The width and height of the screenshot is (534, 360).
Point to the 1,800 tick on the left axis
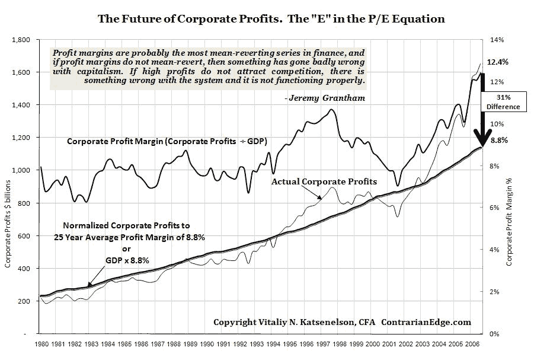[21, 40]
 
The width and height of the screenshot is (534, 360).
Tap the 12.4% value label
[497, 62]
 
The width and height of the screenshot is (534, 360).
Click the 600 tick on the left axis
[25, 236]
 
